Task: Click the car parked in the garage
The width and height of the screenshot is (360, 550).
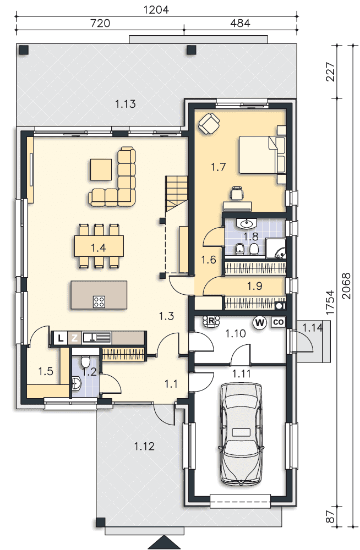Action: tap(241, 435)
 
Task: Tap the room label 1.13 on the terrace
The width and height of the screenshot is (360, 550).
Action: tap(126, 104)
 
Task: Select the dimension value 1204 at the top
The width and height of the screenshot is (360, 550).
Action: tap(156, 9)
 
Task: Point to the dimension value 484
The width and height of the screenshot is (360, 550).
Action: tap(240, 23)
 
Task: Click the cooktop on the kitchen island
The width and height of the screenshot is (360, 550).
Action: tap(99, 301)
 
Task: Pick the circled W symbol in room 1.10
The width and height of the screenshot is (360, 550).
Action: tap(260, 322)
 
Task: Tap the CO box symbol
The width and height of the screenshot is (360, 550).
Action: tap(278, 322)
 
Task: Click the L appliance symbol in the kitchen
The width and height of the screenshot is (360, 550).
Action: tap(61, 338)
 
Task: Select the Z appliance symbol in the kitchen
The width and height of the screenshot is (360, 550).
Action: tap(74, 338)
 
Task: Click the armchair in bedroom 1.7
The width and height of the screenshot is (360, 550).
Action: tap(209, 123)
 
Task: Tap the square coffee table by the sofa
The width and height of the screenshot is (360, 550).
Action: tap(101, 169)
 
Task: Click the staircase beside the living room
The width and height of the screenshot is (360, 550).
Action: tap(177, 193)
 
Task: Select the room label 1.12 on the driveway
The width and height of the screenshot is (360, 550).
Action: tap(144, 447)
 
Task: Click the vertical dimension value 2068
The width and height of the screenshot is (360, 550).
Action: tap(346, 285)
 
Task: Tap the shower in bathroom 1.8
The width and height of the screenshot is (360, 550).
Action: tap(275, 249)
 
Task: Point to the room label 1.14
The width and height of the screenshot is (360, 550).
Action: tap(313, 328)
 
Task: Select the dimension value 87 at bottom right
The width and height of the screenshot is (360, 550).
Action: tap(331, 516)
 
